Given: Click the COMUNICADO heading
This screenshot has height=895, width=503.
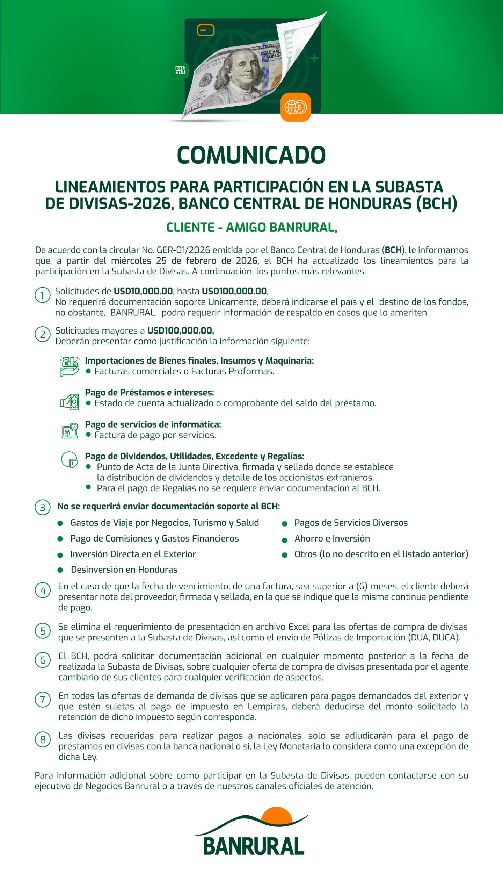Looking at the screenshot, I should pos(251,155).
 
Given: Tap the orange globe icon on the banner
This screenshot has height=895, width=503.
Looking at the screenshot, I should pos(296,107).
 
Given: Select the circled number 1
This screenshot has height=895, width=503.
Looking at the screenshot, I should pos(43,295).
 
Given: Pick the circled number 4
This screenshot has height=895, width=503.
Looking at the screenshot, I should pos(43,590).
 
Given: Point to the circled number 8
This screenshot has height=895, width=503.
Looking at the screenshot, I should pos(43,739).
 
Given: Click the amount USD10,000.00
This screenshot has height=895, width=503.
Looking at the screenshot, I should pos(143,291).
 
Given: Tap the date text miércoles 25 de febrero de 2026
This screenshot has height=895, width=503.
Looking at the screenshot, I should pos(184,261).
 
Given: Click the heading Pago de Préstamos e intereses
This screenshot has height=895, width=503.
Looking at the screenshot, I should pos(149,392).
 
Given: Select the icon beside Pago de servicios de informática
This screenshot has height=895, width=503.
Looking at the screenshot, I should pos(70,430).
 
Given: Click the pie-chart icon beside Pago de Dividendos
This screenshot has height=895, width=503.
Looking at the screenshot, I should pos(70,459).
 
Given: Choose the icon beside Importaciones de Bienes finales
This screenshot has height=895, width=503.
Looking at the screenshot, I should pos(69,366).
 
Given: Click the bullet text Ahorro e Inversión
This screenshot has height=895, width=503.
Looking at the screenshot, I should pos(332,538).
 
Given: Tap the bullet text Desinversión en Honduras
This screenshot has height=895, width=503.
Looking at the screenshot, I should pos(124,570).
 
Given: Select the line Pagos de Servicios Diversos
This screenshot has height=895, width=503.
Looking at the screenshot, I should pos(351,523).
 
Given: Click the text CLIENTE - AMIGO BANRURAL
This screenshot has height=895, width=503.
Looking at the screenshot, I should pos(251,228).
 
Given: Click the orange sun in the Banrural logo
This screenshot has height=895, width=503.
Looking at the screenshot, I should pos(277,814).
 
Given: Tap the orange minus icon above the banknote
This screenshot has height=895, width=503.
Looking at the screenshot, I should pos(205,30).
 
